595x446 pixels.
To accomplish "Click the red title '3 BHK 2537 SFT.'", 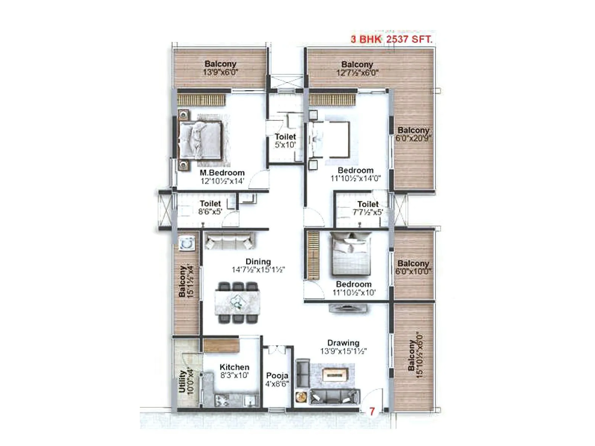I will click(392, 39).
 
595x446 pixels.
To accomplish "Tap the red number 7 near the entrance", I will click(372, 411).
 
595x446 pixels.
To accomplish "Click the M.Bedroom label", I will click(222, 173).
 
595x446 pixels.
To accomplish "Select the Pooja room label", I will click(277, 376).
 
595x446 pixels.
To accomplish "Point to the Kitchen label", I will click(234, 367).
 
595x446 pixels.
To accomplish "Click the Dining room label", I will click(258, 262).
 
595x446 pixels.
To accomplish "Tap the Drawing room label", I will click(343, 343).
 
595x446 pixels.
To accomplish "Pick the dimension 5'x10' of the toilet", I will click(285, 145).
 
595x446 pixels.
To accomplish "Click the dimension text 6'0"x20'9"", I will click(413, 138).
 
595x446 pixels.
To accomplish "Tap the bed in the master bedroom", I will click(200, 140).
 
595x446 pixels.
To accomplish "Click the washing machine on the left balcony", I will click(186, 243).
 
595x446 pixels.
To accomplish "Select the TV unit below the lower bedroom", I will click(348, 308).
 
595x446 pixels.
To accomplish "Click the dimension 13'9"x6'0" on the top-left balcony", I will click(220, 72).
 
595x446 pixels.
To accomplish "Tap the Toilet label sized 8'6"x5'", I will click(210, 204).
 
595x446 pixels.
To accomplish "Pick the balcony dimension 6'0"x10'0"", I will click(413, 272).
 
